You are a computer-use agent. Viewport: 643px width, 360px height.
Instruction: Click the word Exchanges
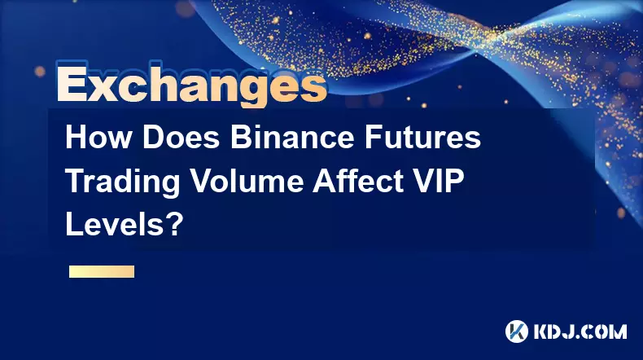(192, 86)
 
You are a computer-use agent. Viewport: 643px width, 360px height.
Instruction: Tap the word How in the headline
(98, 138)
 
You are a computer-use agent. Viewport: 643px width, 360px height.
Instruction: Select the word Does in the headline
(181, 138)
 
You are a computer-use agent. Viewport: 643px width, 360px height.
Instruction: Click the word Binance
(292, 138)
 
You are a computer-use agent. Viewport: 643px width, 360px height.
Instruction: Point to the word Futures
(422, 138)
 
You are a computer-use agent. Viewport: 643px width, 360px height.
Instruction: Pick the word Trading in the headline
(123, 182)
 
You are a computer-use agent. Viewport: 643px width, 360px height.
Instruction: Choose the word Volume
(247, 181)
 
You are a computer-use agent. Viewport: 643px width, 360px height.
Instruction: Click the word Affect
(359, 181)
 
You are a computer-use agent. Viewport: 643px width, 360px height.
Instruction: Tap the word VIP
(440, 181)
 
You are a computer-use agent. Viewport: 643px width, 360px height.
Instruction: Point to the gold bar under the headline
(102, 272)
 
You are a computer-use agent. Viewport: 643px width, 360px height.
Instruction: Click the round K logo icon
(517, 331)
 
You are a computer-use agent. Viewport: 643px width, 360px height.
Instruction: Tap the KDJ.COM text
(580, 331)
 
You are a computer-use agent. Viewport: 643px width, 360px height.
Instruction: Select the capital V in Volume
(201, 182)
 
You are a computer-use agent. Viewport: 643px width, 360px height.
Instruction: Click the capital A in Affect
(325, 182)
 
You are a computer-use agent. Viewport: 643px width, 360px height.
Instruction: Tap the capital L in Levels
(74, 225)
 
